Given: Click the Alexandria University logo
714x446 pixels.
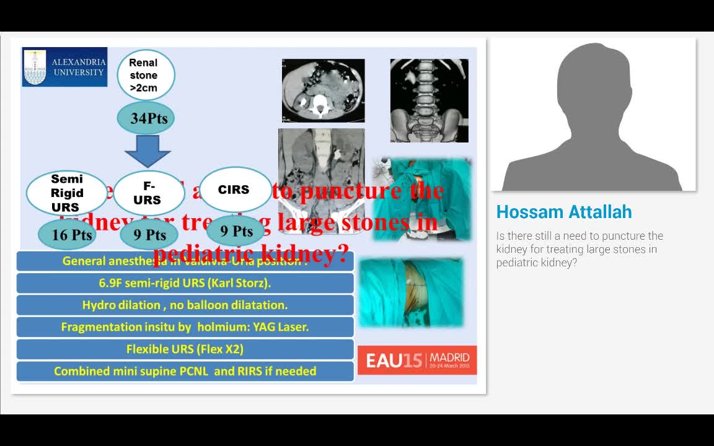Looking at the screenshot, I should coord(64,67).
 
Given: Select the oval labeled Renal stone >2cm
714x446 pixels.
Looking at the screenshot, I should coord(146,75).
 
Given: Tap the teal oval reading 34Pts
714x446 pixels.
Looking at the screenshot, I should coord(146,118).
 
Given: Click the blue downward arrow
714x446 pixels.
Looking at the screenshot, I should coord(147,151).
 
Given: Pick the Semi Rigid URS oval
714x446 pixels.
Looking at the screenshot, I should coord(66,193).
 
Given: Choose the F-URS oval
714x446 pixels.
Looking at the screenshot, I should coord(148,193).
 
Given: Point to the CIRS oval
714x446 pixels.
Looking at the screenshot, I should coord(234,190).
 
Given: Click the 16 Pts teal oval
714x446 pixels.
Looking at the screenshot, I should coord(72,235).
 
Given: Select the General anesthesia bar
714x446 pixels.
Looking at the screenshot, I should coord(185,261).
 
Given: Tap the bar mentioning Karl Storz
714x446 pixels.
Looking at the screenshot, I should coord(185,283).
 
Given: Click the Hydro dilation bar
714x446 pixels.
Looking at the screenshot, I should coord(185,305).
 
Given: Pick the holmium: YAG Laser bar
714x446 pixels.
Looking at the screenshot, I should coord(185,326).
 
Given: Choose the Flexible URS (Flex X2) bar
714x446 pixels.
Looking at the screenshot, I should coord(185,349).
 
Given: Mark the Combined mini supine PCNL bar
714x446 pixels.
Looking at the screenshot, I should coord(185,371).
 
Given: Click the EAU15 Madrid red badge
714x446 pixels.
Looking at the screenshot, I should coord(417,360).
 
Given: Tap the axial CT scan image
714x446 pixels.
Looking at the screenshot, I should coord(323,90).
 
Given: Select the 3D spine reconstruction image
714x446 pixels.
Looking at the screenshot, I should coord(429,100).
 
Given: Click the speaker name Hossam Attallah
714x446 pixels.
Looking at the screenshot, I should coord(564,212).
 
